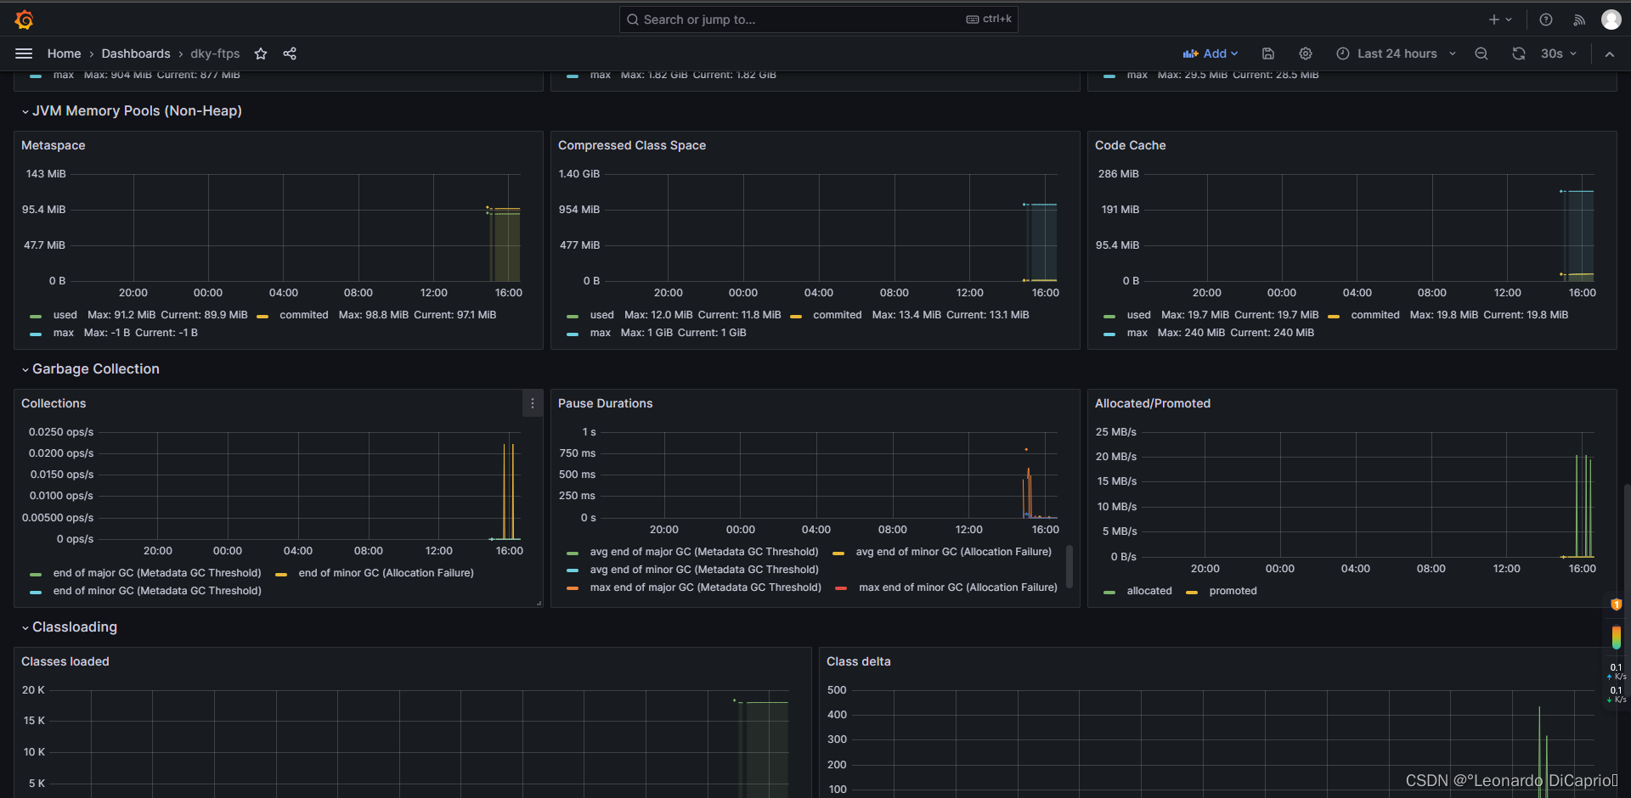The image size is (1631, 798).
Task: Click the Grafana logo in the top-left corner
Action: click(x=24, y=20)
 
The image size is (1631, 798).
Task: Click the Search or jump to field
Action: click(x=799, y=20)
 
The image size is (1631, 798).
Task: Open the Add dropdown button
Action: click(x=1211, y=53)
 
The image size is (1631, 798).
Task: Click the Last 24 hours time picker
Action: click(x=1396, y=53)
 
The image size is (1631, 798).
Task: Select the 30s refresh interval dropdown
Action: click(x=1558, y=53)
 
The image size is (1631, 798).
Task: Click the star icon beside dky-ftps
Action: click(x=261, y=53)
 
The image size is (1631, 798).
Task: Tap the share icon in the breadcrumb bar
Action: click(x=290, y=53)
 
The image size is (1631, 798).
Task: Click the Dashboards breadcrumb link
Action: click(x=136, y=53)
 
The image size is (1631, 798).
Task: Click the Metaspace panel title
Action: click(x=54, y=145)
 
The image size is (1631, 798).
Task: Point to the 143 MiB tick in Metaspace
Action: click(x=46, y=174)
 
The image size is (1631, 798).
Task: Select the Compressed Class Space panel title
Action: click(x=631, y=145)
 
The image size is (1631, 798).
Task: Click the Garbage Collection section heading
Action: click(x=95, y=369)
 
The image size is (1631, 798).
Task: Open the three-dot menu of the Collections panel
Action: click(x=533, y=403)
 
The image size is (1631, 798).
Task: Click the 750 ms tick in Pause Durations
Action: click(x=578, y=453)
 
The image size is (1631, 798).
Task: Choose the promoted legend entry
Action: click(x=1232, y=591)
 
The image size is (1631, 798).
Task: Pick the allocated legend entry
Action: click(x=1148, y=591)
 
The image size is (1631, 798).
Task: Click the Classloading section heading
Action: click(x=75, y=627)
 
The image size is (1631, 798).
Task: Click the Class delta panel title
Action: click(x=858, y=661)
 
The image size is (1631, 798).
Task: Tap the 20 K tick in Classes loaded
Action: click(x=33, y=690)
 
